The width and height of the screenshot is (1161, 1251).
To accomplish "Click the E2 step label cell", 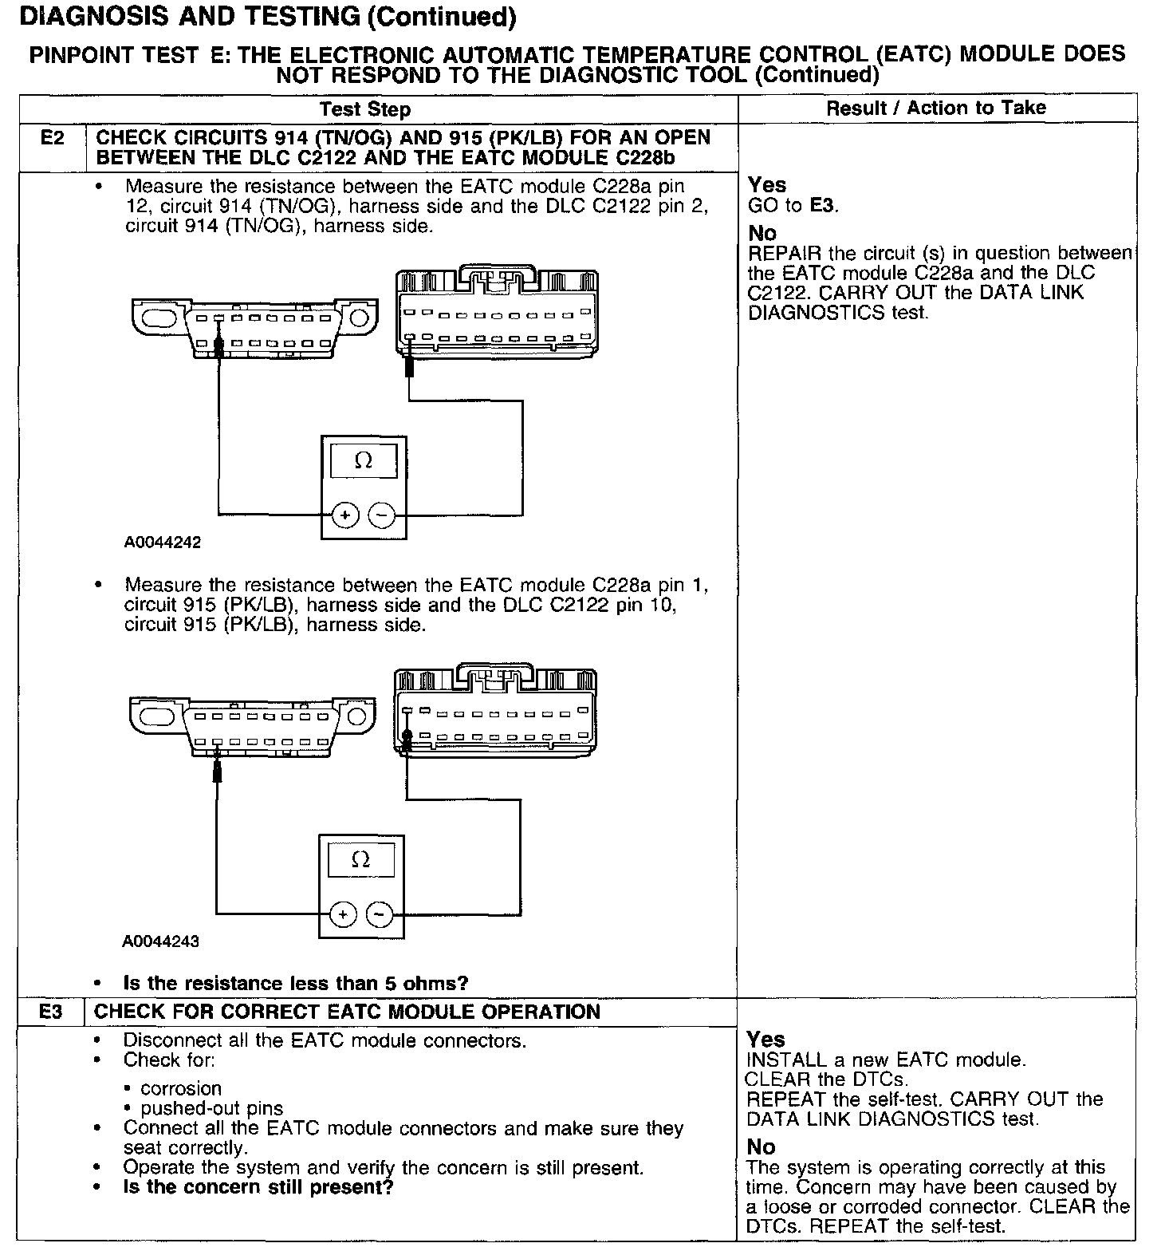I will [52, 139].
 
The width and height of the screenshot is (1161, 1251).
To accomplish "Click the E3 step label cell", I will [50, 1012].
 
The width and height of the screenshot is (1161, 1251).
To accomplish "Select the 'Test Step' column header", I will [365, 109].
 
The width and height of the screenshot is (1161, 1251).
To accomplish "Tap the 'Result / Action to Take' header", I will [935, 108].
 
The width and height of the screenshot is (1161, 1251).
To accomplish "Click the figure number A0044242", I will [163, 543].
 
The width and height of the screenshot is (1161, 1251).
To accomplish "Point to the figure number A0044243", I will [160, 941].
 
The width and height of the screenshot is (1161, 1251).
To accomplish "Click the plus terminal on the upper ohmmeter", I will [344, 516].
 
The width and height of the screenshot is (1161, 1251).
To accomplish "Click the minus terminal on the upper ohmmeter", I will [382, 516].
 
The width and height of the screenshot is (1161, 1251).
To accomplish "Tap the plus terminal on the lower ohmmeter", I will [343, 914].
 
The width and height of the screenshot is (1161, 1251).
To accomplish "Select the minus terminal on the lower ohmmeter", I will [380, 914].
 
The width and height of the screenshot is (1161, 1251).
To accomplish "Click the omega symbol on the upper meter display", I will [363, 461].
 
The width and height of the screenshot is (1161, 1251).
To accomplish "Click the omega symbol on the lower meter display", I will [360, 860].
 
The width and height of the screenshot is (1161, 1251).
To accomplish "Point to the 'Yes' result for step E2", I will [766, 185].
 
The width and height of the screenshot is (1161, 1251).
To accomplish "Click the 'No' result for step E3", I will [761, 1147].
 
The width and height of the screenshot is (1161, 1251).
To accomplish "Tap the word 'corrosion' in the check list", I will [181, 1089].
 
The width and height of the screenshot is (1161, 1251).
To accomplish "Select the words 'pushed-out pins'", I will [211, 1109].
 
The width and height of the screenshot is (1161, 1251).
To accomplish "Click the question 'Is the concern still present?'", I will [258, 1187].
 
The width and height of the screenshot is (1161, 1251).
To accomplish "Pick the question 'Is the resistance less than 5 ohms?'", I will [296, 984].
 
